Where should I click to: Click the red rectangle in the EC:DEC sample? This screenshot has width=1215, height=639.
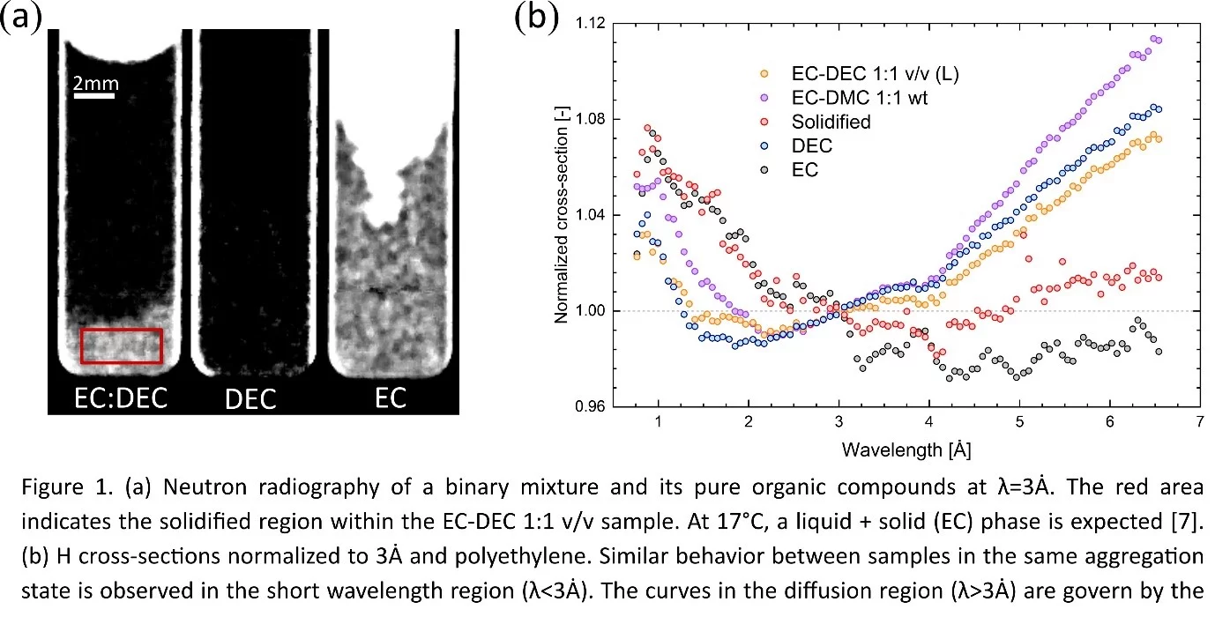point(122,346)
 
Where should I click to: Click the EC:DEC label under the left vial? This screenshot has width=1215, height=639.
point(120,399)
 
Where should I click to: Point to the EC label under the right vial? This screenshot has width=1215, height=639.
point(390,398)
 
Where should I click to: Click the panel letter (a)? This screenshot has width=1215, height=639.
point(21,18)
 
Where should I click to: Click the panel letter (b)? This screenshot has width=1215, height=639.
point(537,18)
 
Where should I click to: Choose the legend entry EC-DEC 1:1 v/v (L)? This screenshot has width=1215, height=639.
point(862,74)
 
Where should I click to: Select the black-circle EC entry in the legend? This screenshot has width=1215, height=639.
point(805,169)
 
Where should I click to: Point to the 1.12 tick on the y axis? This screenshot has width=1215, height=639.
point(586,24)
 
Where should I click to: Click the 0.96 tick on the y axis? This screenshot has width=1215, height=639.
point(586,407)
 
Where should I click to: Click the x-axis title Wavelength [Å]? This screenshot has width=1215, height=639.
point(906,450)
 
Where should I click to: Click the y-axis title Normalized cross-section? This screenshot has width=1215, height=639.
point(562,216)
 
